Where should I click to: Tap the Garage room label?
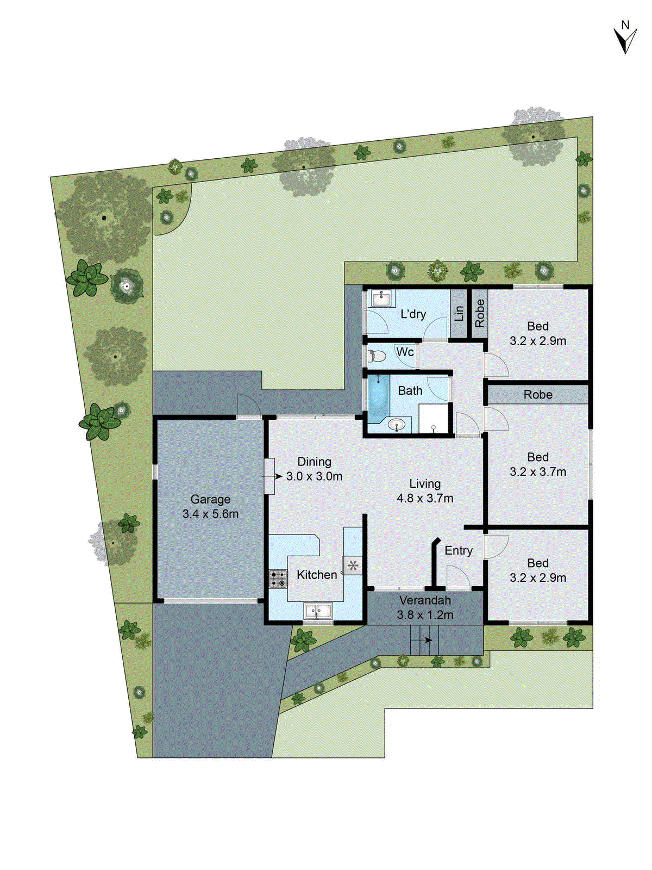pos(210,499)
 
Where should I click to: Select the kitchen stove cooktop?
pos(278,579)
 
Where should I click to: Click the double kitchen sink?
pos(318,611)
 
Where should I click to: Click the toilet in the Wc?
pos(377,357)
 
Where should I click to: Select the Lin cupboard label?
pos(459,313)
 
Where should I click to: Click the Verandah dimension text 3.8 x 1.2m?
pos(425,615)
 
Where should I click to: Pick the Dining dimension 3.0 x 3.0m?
pos(314,476)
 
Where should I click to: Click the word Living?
pos(425,483)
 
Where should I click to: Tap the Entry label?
pos(459,550)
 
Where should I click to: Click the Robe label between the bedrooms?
pos(538,395)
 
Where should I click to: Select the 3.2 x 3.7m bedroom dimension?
pos(538,472)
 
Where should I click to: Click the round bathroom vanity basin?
pos(397,424)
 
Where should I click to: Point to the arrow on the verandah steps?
pos(429,640)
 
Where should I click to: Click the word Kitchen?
pos(317,575)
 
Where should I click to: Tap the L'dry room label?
pos(413,314)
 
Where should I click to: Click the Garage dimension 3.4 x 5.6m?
pos(210,514)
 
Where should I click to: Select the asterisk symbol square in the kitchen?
pos(352,566)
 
